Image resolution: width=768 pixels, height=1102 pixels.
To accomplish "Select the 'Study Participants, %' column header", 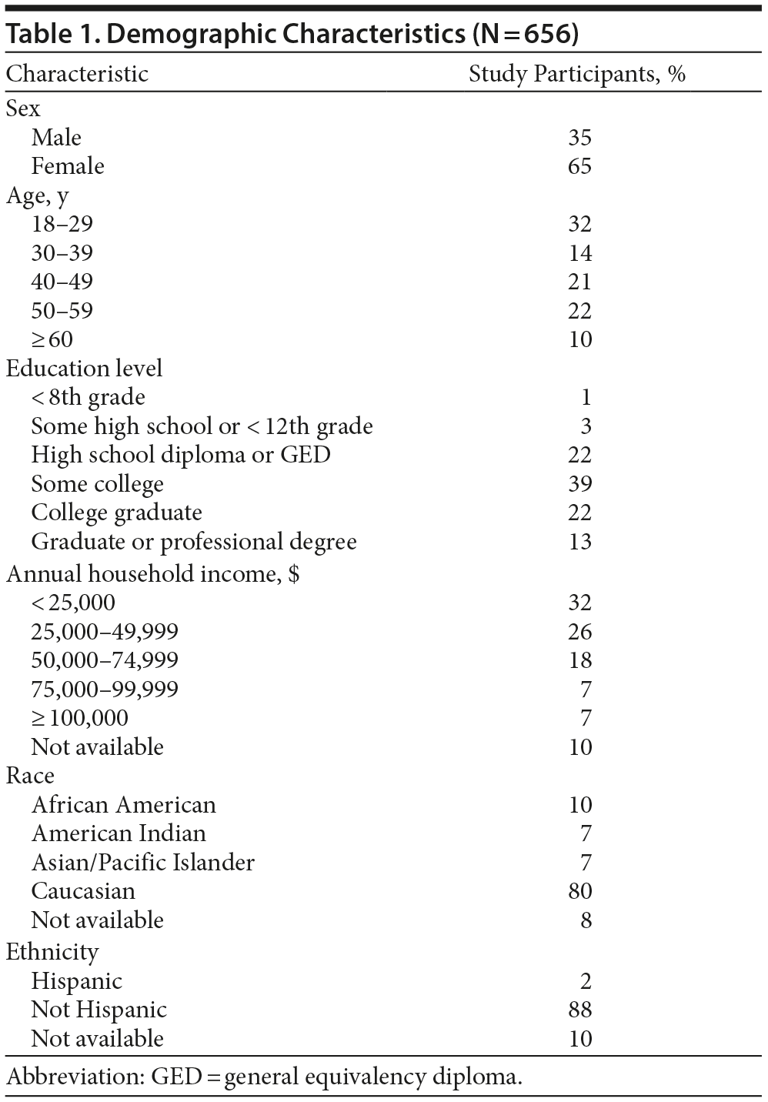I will click(576, 74).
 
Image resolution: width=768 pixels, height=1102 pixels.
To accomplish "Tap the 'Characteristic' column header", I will click(77, 74).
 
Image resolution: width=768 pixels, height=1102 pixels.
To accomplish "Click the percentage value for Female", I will click(579, 166).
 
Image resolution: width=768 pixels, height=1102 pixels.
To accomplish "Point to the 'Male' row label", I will click(56, 138).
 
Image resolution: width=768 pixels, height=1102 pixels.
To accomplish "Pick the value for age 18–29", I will click(579, 224).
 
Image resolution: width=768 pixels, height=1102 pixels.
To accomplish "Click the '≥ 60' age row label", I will click(52, 339).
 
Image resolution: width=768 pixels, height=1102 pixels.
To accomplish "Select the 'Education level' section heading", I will click(85, 369).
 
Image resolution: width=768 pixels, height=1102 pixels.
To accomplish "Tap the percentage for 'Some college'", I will click(579, 484).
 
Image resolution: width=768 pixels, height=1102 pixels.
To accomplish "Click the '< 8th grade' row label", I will click(88, 397).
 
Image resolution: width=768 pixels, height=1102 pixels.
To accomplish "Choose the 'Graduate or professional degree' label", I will click(194, 542).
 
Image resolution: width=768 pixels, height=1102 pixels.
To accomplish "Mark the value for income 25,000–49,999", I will click(579, 632).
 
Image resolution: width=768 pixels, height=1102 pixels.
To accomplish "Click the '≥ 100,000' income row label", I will click(79, 718).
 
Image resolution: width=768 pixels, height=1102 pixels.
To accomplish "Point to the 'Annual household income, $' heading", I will click(152, 574).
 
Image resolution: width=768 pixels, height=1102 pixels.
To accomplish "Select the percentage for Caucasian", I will click(579, 891).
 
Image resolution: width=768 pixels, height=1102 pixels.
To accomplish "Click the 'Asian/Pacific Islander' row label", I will click(143, 863).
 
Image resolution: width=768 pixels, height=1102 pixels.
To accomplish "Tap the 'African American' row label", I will click(124, 805).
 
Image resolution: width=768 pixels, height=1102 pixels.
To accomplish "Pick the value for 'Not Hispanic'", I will click(579, 1010).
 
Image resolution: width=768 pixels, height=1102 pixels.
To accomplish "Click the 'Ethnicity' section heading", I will click(52, 952).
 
